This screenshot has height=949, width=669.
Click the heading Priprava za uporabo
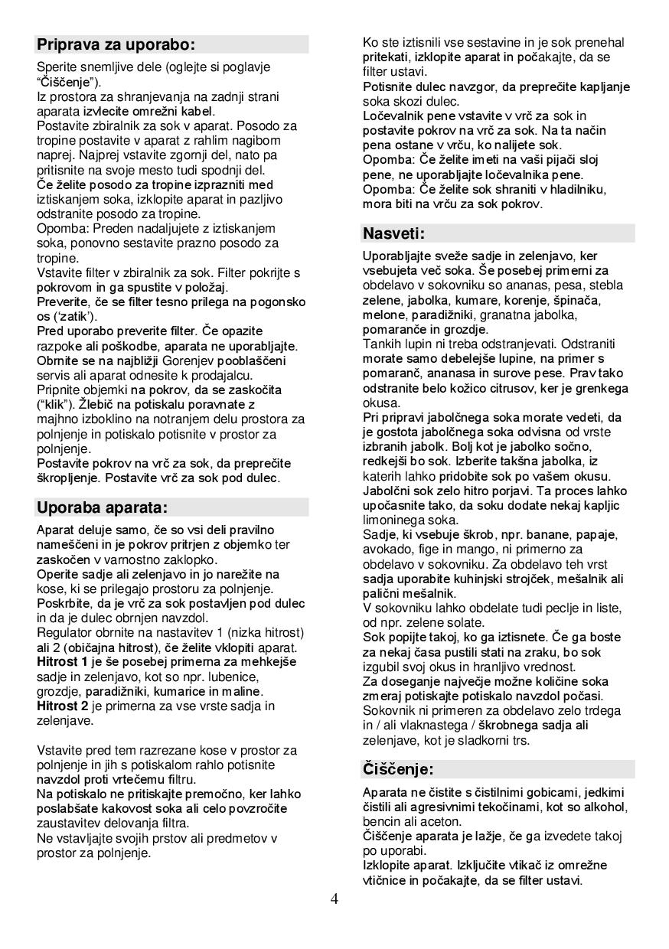[x=116, y=44]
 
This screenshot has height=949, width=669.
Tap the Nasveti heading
[x=393, y=233]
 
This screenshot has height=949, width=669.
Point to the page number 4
[x=334, y=898]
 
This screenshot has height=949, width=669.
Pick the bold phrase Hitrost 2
[x=63, y=706]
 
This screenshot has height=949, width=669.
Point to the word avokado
[x=387, y=549]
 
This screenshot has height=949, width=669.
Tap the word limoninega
[x=393, y=520]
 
